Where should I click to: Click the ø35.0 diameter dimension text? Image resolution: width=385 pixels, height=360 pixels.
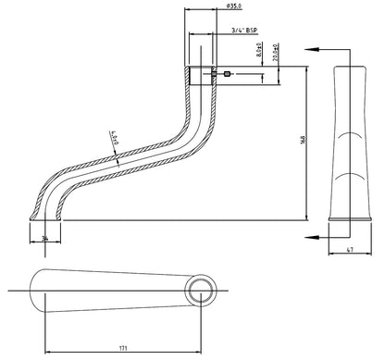click(235, 8)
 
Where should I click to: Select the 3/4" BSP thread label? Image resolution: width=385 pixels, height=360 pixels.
click(243, 31)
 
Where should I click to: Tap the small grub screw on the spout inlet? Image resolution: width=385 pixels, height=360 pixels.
click(226, 73)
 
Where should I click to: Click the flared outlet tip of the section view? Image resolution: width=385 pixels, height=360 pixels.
click(35, 217)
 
